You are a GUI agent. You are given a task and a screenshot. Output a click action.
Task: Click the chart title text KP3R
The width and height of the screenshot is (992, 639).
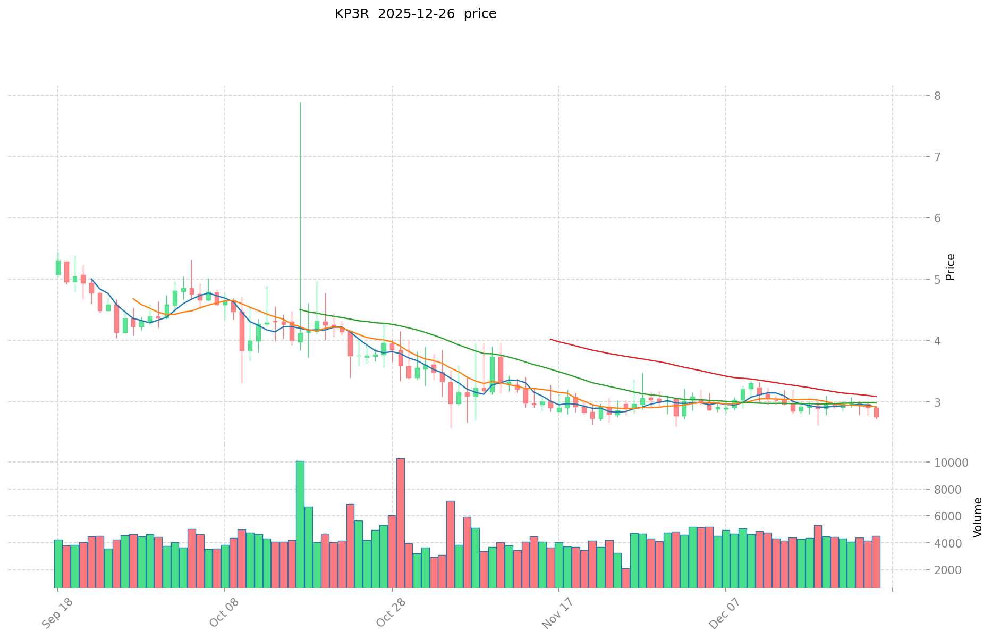pyautogui.click(x=351, y=14)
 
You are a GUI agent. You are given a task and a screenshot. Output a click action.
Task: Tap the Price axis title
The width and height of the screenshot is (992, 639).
pyautogui.click(x=951, y=267)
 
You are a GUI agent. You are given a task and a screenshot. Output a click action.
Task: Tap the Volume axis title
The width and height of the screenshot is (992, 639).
pyautogui.click(x=977, y=517)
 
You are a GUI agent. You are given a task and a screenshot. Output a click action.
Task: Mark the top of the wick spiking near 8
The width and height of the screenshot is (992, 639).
pyautogui.click(x=300, y=103)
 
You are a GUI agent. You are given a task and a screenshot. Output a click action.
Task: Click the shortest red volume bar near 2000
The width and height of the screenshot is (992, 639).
pyautogui.click(x=626, y=578)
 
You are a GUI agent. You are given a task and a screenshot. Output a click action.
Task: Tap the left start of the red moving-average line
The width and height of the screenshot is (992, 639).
pyautogui.click(x=550, y=339)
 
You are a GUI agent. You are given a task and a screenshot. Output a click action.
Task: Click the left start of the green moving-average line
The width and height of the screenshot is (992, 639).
pyautogui.click(x=300, y=309)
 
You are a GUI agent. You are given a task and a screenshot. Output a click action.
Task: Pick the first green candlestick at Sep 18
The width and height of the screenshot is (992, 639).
pyautogui.click(x=58, y=268)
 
